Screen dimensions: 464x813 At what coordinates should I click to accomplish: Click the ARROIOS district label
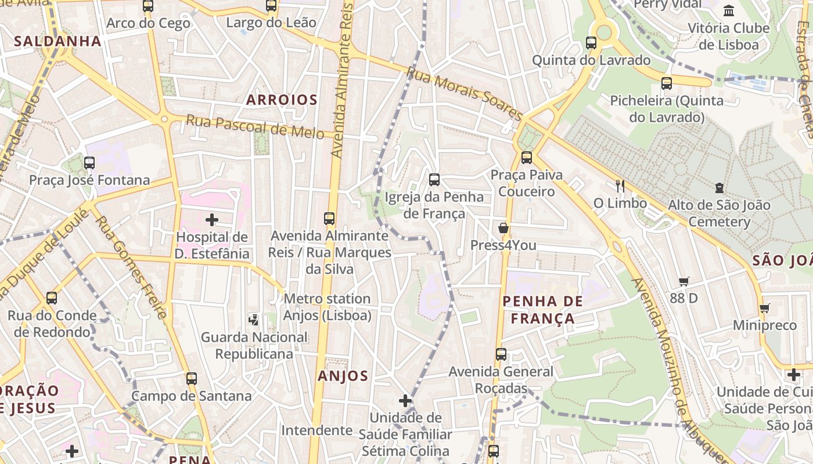[282, 100]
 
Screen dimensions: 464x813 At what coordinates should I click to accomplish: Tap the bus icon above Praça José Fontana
[89, 163]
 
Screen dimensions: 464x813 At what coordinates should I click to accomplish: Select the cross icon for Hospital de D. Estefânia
[212, 220]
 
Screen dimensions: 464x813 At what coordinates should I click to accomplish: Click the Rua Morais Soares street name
[465, 93]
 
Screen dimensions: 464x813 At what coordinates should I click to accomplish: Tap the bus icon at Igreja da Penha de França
[434, 180]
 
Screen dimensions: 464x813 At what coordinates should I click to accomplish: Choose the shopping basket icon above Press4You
[503, 228]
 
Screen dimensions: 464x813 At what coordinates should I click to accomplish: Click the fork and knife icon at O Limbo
[620, 186]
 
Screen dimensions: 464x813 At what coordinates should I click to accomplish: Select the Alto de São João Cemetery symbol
[719, 188]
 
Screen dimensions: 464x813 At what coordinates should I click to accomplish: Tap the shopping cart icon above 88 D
[684, 281]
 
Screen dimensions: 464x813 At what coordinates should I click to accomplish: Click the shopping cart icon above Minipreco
[765, 308]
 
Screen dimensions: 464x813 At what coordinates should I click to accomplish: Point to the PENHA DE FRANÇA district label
[542, 310]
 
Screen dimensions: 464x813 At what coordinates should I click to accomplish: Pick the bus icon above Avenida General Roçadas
[501, 354]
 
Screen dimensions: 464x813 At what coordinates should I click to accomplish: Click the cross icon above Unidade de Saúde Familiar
[405, 401]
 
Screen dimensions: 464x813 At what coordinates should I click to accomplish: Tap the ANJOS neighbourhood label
[343, 376]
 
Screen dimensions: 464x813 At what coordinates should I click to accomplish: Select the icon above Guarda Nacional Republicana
[254, 319]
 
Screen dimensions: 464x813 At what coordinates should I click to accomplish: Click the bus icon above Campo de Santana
[191, 379]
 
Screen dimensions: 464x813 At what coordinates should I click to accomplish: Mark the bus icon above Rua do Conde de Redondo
[52, 298]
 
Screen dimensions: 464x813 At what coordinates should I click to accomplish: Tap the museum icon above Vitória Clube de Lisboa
[729, 10]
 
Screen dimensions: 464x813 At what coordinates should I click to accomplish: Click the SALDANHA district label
[57, 41]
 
